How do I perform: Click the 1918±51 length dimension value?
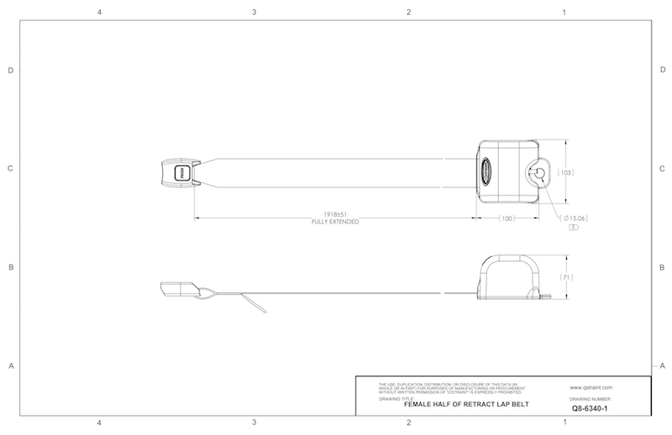335,215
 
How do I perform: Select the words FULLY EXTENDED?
335,223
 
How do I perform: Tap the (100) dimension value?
507,218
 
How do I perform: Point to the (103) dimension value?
564,171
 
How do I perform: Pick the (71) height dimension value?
564,276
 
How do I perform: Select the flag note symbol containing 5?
574,228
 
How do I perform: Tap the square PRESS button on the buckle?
180,173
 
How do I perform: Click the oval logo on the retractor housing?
486,173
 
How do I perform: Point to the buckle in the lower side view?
176,288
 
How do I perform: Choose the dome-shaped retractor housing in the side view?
510,276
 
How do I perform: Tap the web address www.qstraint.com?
591,387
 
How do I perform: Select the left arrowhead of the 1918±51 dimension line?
198,218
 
